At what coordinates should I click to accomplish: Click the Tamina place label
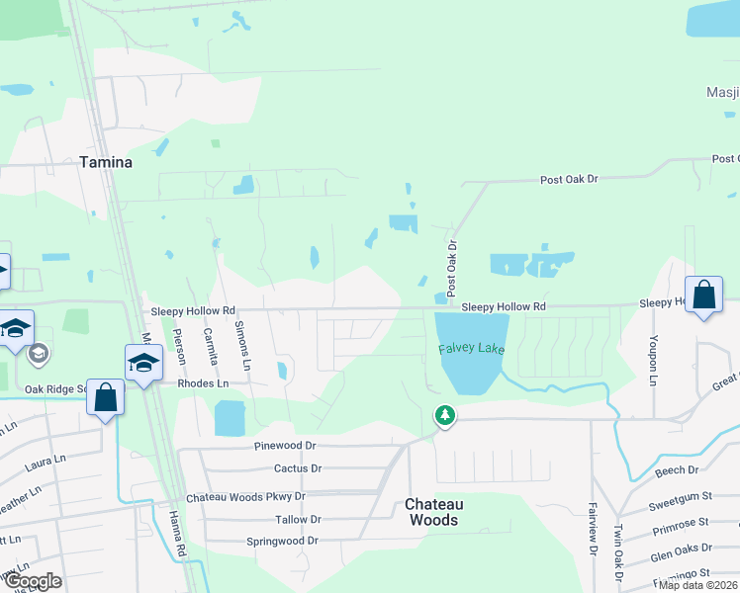tap(105, 162)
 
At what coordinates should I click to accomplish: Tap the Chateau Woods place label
tap(433, 512)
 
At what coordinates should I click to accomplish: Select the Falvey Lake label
tap(472, 350)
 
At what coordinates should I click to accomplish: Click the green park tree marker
tap(445, 415)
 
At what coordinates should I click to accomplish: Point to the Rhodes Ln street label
tap(203, 382)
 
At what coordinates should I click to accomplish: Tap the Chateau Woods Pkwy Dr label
tap(246, 496)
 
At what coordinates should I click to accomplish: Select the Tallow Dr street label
tap(298, 519)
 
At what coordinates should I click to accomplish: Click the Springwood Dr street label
tap(283, 541)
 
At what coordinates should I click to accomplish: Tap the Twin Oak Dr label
tap(619, 551)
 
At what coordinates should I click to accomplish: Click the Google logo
tap(33, 581)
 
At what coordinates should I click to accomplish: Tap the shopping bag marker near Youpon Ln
tap(703, 296)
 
